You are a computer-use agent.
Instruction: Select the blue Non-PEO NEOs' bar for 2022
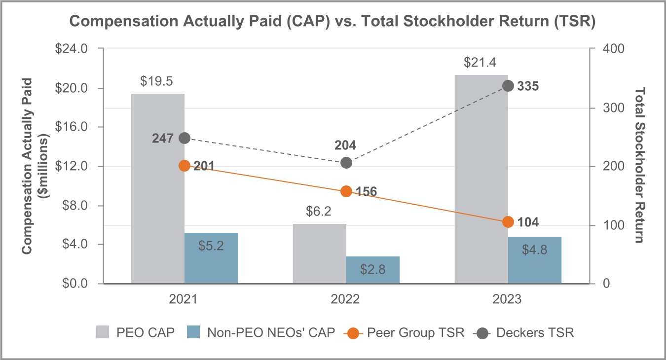pos(373,270)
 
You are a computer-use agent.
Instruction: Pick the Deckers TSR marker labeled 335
pos(508,86)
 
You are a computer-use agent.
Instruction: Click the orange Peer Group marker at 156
pos(346,191)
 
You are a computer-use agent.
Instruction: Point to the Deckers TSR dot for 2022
pos(346,163)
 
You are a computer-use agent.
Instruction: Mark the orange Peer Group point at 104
pos(508,222)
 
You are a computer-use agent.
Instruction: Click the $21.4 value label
pos(481,63)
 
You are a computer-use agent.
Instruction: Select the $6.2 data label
pos(319,212)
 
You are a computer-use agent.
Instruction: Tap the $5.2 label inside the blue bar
pos(211,246)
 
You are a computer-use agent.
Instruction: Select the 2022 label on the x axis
pos(346,299)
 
